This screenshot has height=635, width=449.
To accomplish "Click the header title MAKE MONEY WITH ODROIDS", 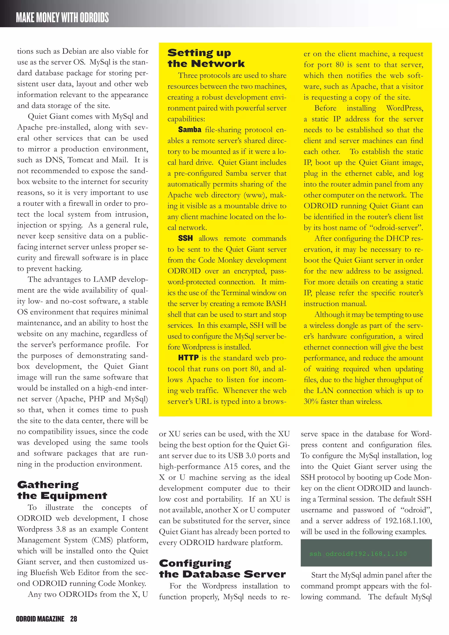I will (x=62, y=17).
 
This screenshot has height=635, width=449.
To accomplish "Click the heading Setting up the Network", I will (x=206, y=58).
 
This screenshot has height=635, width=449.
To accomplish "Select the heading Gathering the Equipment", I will (x=62, y=490).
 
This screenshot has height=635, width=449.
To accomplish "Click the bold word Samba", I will (x=190, y=130).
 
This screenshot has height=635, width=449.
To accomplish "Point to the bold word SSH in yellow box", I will (x=185, y=238).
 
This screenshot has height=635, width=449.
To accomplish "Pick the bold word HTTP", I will (x=188, y=358).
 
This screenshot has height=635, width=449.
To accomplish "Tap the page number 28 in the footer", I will (x=73, y=619).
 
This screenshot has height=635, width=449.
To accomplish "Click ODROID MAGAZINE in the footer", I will (x=40, y=619).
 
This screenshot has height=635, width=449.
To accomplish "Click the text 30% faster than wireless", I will (x=343, y=401).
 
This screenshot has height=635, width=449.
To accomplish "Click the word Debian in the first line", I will (x=74, y=51).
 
